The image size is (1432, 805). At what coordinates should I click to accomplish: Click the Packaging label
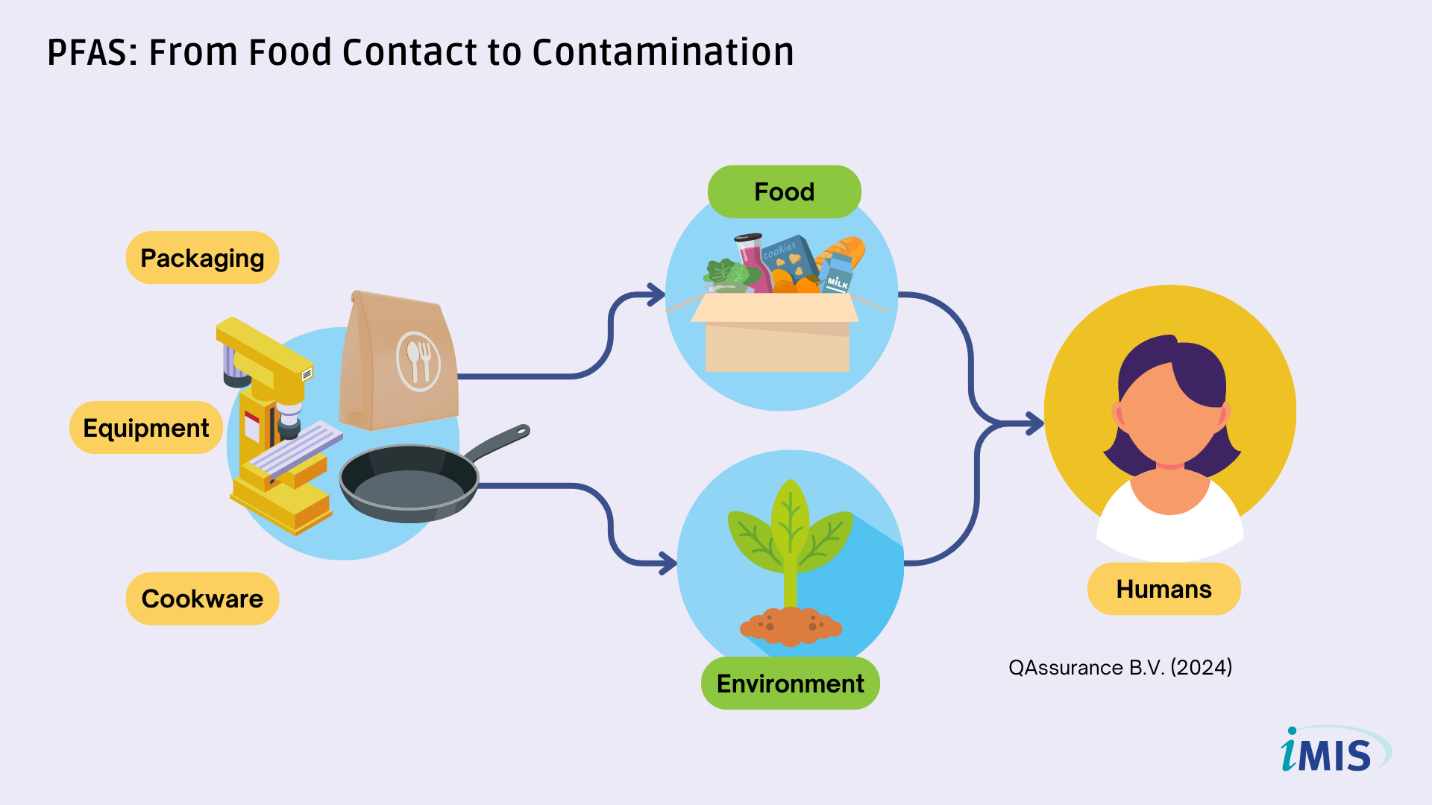tap(202, 258)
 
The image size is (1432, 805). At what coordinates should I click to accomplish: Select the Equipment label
tap(146, 428)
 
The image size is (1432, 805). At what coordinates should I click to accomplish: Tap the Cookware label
tap(202, 599)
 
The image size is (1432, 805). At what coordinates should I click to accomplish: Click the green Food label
tap(784, 192)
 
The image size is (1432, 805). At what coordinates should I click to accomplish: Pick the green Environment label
tap(791, 684)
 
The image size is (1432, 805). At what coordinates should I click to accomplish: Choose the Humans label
tap(1163, 589)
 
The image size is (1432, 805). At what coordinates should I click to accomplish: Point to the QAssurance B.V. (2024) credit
tap(1120, 667)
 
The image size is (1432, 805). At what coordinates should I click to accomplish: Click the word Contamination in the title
tap(663, 52)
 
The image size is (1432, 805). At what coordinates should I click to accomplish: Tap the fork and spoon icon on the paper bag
tap(418, 362)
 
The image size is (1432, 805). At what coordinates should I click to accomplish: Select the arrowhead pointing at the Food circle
tap(656, 294)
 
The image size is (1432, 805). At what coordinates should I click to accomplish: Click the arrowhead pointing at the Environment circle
tap(668, 563)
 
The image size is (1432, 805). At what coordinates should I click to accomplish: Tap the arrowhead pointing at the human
tap(1035, 423)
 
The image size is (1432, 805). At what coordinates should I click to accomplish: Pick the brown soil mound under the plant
tap(791, 626)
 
